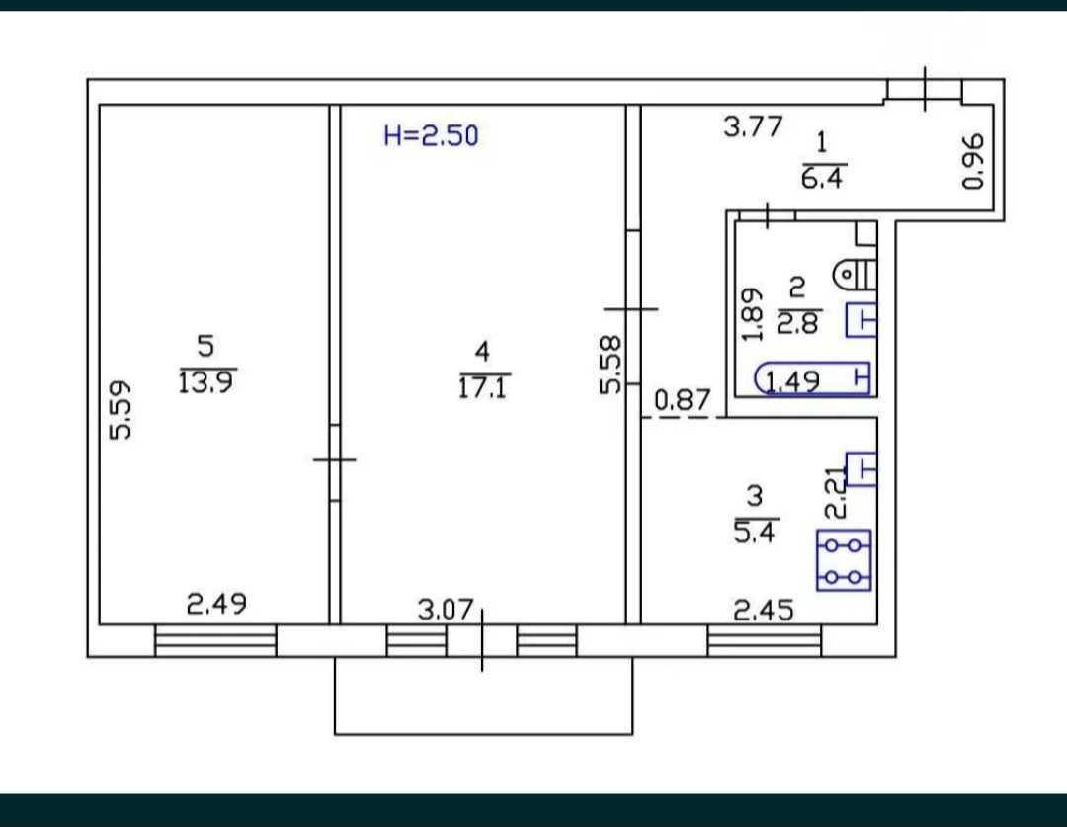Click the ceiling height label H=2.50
point(431,135)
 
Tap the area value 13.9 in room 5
point(205,382)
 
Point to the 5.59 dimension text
point(122,410)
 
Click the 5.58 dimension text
point(611,365)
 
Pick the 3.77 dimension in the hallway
point(753,126)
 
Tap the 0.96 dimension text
point(973,161)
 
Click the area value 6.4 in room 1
point(822,178)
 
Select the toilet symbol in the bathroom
point(854,275)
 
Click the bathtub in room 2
point(812,378)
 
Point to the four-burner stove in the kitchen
point(844,559)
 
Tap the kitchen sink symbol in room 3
point(861,468)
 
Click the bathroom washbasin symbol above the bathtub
point(861,320)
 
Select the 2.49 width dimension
point(216,604)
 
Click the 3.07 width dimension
point(445,610)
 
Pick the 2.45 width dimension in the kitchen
point(764,610)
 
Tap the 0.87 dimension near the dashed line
point(683,400)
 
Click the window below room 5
point(215,640)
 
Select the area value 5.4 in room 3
point(754,532)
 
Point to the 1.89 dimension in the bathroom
point(752,314)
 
